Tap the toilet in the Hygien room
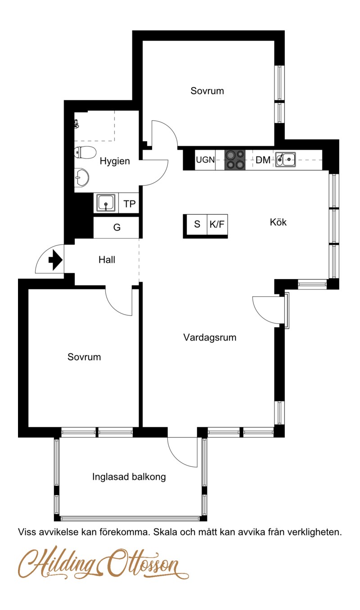pos(85,153)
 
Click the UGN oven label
pos(206,159)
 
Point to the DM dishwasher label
pos(263,160)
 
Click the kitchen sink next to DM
pos(285,159)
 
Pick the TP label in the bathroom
pos(129,203)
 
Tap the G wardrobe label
pos(117,227)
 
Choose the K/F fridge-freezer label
pos(217,224)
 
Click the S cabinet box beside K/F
pos(197,224)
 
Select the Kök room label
pos(278,222)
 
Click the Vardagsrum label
pos(210,337)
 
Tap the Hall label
pos(107,259)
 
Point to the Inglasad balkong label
pos(129,477)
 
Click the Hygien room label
pos(115,161)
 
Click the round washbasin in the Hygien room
pos(81,177)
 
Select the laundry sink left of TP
pos(106,203)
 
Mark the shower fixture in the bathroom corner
pos(77,124)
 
